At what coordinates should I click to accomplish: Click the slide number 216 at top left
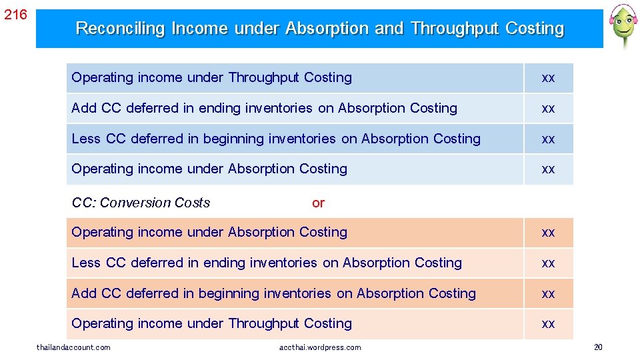(x=15, y=14)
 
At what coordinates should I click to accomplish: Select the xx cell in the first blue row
(x=548, y=78)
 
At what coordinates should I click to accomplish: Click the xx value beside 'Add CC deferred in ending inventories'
(x=548, y=108)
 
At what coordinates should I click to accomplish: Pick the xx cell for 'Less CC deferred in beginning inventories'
(x=548, y=139)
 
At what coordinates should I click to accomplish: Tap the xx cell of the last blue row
(x=548, y=169)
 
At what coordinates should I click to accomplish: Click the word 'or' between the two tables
(x=318, y=203)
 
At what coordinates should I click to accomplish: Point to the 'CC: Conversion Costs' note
(x=141, y=203)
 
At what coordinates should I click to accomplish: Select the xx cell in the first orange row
(x=548, y=233)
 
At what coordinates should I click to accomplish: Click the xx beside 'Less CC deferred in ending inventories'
(x=548, y=263)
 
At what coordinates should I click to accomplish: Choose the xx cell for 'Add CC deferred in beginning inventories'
(x=548, y=293)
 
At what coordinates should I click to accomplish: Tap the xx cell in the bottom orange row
(x=548, y=324)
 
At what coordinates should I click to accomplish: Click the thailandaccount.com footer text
(x=73, y=347)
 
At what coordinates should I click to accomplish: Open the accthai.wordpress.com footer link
(x=320, y=347)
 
